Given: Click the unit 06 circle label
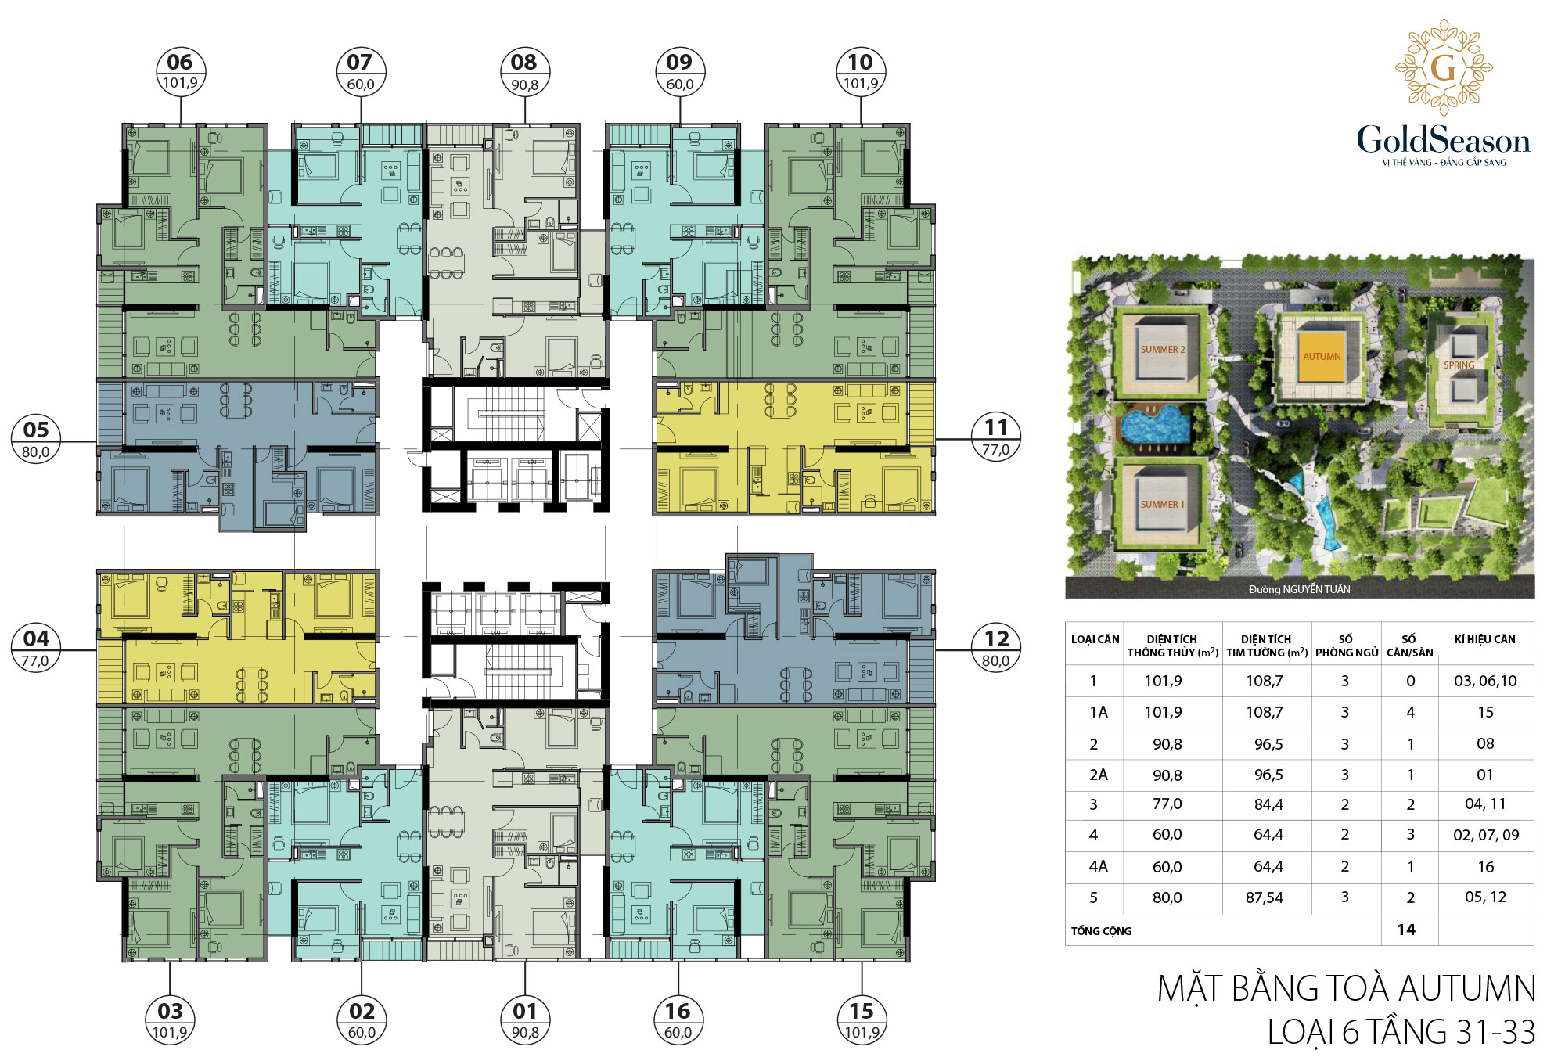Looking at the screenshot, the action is [x=181, y=72].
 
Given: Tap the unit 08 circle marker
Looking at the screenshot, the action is [x=525, y=72].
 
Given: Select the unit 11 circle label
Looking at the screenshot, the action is [x=996, y=437].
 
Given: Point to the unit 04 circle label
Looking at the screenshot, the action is [x=36, y=648].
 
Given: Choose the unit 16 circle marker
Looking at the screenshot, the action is [x=678, y=1020].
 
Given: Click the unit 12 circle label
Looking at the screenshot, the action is [x=996, y=648].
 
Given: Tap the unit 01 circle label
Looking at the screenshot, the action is [x=525, y=1020].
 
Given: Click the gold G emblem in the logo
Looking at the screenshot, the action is [x=1444, y=67].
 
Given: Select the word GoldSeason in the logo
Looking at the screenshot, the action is [x=1444, y=140].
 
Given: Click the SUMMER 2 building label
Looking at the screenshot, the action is [x=1163, y=350].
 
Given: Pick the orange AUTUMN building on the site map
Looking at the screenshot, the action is [x=1322, y=356].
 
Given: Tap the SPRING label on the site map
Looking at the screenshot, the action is [x=1459, y=365].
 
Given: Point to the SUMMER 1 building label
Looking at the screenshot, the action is [x=1163, y=505].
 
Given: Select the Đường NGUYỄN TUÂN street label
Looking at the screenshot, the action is [x=1300, y=589].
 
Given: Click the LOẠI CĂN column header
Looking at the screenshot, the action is [x=1095, y=639].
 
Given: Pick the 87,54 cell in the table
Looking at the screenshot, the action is [x=1265, y=897].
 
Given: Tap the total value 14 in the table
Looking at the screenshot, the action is [x=1406, y=930].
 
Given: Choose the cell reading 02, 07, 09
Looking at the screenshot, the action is [x=1486, y=835].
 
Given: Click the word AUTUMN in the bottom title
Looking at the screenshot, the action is [x=1467, y=988].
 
